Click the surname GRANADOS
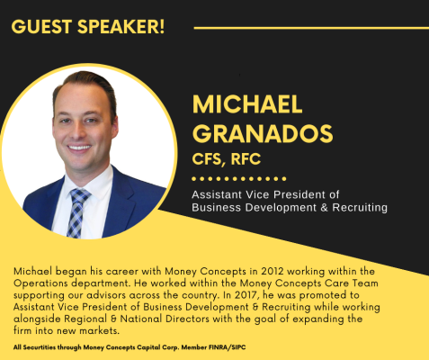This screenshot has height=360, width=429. pos(263,134)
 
